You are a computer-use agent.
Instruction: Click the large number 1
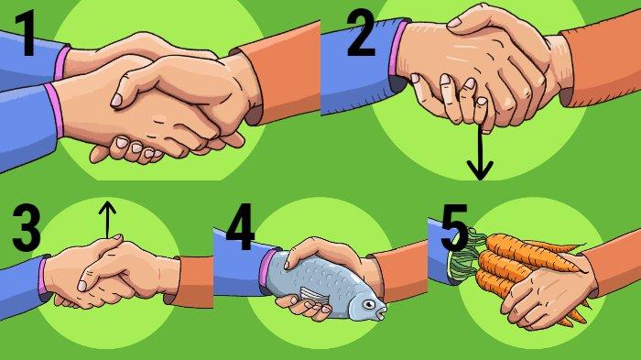pos(27,34)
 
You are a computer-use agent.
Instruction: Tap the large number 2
pos(361,34)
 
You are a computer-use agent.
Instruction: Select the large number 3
pos(27,227)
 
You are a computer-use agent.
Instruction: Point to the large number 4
pos(240,227)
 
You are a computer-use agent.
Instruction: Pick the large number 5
pos(454,227)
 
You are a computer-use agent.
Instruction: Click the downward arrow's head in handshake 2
pos(481,170)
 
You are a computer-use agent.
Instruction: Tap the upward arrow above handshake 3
pos(107,219)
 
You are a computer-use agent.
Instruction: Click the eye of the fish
pos(369,304)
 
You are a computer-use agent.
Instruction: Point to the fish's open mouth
pos(382,313)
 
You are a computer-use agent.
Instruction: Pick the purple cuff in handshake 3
pos(42,277)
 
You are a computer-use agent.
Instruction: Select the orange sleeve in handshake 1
pos(278,72)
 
